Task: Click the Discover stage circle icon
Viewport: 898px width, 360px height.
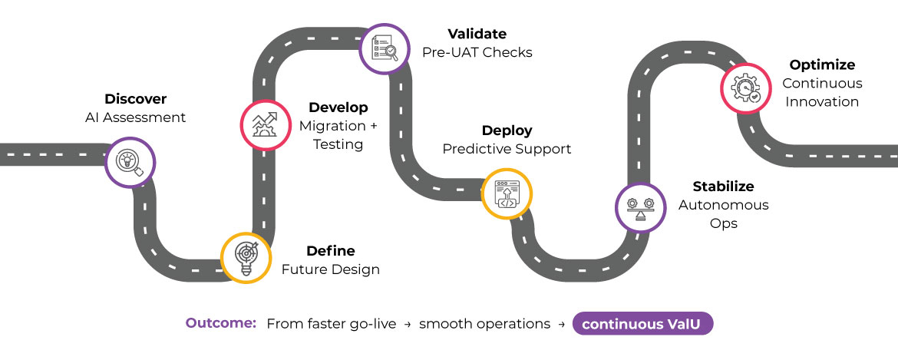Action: (130, 162)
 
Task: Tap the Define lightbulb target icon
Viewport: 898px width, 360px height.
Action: (246, 257)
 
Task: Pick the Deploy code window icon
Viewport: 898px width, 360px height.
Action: (507, 194)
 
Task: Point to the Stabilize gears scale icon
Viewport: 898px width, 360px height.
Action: (641, 208)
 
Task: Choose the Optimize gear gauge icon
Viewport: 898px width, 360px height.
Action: (745, 88)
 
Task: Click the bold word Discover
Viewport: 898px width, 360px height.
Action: (135, 99)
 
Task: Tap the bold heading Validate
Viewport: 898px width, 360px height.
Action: (477, 34)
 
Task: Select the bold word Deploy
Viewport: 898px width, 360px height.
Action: (507, 130)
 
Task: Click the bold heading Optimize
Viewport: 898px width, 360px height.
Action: (822, 65)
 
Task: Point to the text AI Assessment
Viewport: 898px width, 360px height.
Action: (135, 117)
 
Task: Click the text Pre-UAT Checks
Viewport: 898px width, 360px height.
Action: (477, 52)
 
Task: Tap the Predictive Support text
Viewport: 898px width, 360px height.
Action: (507, 149)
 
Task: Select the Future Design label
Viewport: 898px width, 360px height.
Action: (330, 269)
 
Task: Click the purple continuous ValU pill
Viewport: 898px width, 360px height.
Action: (642, 324)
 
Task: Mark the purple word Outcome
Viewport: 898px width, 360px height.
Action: (221, 323)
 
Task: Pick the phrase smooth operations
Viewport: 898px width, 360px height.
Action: (485, 324)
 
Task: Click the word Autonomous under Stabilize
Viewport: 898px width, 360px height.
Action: (723, 205)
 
